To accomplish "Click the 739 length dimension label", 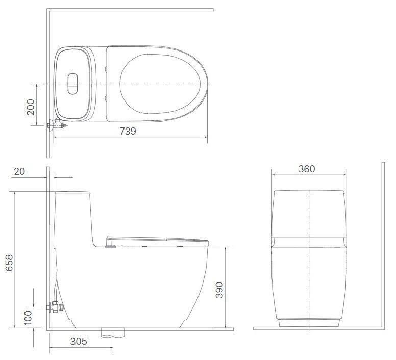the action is coord(128,131).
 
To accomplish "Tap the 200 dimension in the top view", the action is coord(31,107).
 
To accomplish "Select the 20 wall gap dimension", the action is coord(19,171).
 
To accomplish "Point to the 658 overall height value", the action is coord(9,263).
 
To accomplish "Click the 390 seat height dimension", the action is coord(219,290).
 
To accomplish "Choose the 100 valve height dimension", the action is coord(28,317).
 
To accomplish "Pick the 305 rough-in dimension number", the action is coord(79,341).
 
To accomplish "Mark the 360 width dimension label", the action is coord(307,169).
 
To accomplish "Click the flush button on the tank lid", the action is coord(73,84).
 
